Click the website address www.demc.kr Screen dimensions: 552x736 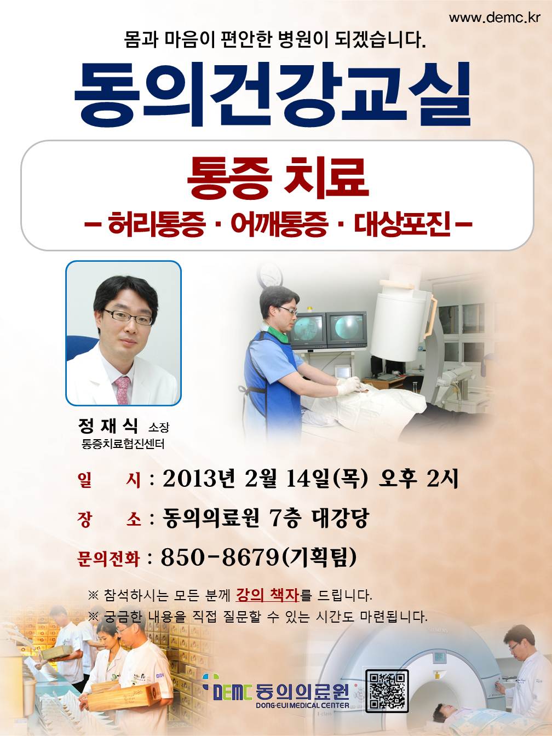tap(495, 18)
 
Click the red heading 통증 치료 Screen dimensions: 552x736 tap(278, 178)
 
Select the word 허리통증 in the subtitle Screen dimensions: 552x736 tap(157, 224)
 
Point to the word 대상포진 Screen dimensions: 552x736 tap(402, 224)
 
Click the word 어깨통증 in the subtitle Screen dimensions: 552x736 tap(279, 224)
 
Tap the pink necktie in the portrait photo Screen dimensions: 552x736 tap(123, 390)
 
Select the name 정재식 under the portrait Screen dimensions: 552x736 tap(107, 426)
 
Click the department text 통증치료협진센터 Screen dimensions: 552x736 tap(123, 444)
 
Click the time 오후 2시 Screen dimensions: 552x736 tap(418, 479)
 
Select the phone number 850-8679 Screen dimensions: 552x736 tap(220, 557)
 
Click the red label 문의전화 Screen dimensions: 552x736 tap(107, 558)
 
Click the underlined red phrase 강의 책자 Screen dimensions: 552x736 tap(267, 595)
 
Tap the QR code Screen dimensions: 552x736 tap(387, 691)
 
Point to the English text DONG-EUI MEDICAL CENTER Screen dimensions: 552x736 tap(303, 705)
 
